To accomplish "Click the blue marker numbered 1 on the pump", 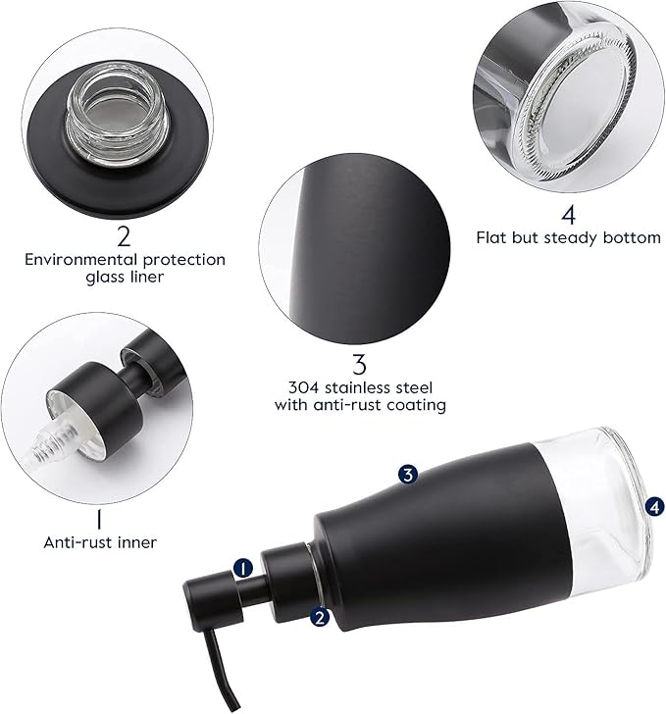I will point(243,568).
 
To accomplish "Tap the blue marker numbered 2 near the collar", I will point(319,617).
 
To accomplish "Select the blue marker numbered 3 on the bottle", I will point(409,475).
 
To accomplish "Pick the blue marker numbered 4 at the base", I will point(654,506).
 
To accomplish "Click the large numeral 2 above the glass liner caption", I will point(124,235).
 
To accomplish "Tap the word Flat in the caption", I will point(492,237).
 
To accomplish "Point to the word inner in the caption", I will point(136,541).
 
